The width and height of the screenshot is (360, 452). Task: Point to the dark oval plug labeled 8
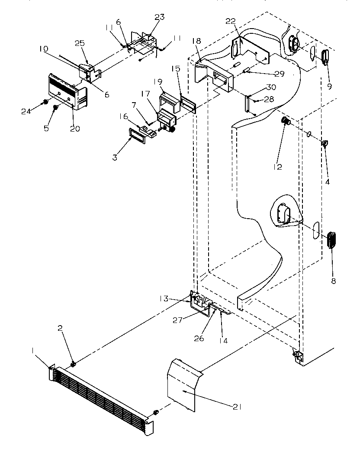click(x=331, y=240)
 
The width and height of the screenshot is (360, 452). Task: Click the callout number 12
click(x=277, y=166)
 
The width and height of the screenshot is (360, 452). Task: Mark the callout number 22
click(x=230, y=22)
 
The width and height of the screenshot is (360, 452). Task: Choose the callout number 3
click(x=115, y=158)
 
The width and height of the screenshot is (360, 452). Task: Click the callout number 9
click(x=330, y=86)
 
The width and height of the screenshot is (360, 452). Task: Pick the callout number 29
click(x=279, y=74)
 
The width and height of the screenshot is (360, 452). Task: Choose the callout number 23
click(x=160, y=18)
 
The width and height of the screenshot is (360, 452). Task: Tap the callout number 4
click(x=327, y=182)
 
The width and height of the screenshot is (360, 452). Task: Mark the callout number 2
click(x=61, y=340)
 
